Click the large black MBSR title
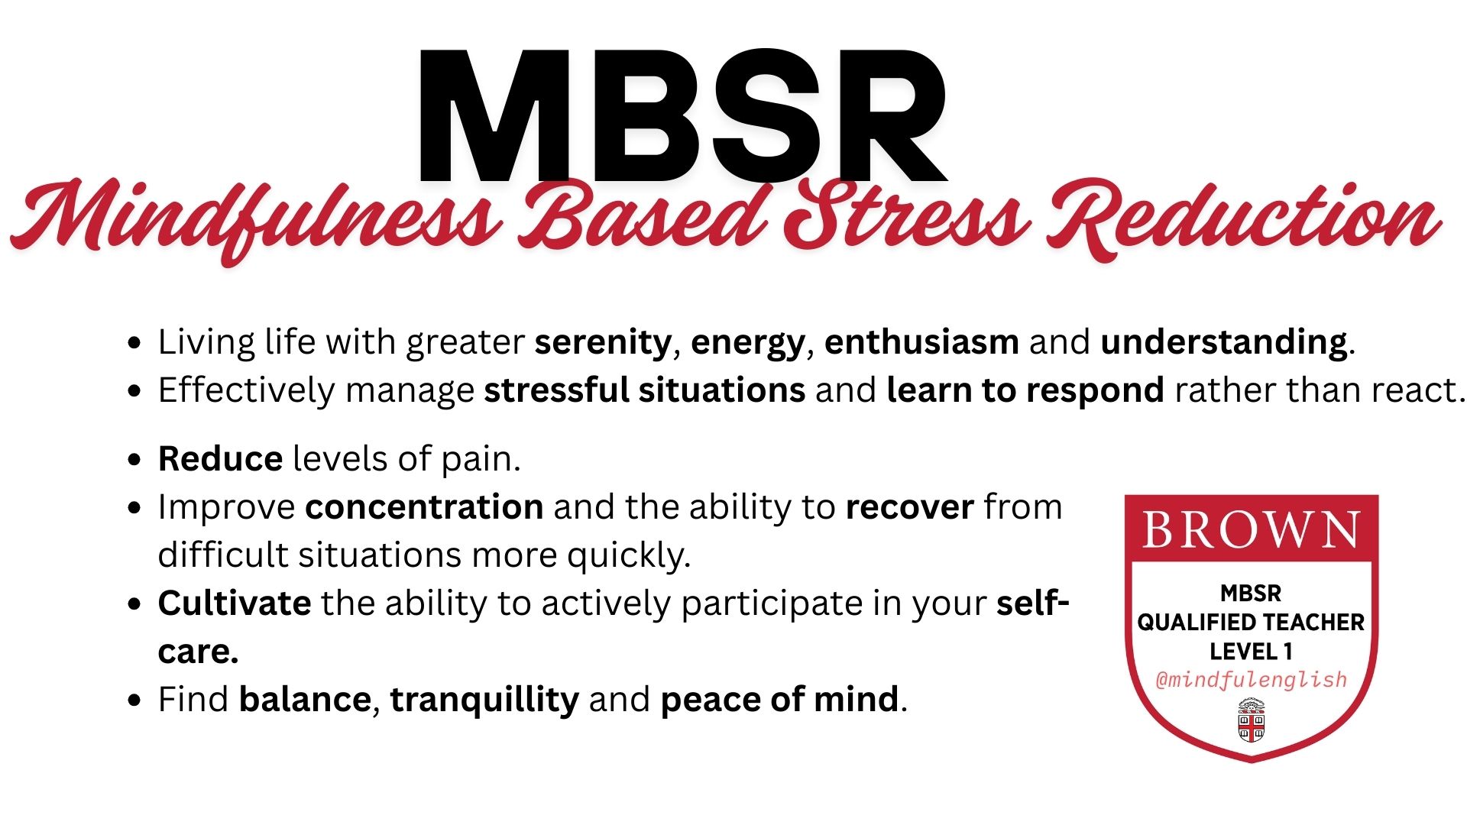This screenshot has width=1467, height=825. pos(682,116)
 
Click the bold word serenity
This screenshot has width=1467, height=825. pos(603,342)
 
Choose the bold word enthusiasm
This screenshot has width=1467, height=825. pos(921,341)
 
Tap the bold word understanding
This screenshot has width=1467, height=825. pos(1224,342)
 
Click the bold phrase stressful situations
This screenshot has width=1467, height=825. pos(645,390)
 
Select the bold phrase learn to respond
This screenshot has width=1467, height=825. pos(1025,391)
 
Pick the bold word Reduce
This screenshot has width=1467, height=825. pos(220,459)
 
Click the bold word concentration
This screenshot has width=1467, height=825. pos(424,507)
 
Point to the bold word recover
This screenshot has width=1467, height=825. pos(909,508)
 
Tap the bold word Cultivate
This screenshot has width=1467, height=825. pos(235,603)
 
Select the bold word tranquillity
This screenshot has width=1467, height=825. pos(484,700)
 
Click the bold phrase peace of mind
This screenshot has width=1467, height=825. pos(779,700)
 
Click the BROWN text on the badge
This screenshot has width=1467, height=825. pos(1252,529)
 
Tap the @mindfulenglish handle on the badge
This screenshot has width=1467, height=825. pos(1252,680)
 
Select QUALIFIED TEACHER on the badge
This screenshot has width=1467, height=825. pos(1251,623)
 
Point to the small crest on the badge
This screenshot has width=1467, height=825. pos(1251,720)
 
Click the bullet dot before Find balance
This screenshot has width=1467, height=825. pos(135,700)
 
